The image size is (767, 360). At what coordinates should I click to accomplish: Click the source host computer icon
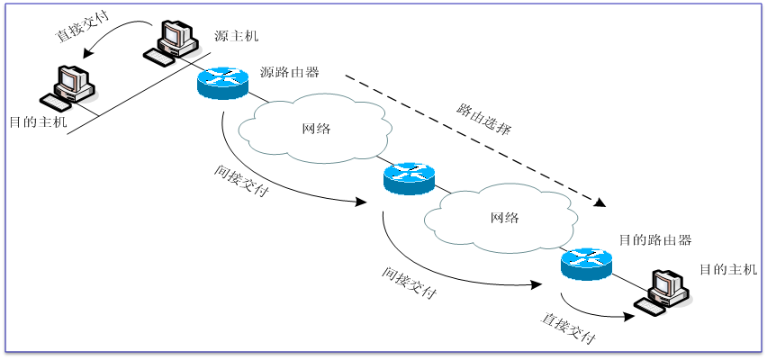[x=175, y=37]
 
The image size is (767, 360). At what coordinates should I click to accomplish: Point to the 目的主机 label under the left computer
[x=38, y=121]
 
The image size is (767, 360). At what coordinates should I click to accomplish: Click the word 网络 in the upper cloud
[x=316, y=129]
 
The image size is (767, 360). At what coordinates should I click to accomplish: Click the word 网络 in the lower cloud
[x=504, y=218]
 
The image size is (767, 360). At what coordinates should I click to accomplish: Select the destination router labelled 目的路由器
[x=585, y=262]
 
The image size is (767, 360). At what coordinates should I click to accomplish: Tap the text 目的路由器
[x=654, y=240]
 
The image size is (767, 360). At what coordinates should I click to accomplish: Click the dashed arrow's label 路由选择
[x=483, y=119]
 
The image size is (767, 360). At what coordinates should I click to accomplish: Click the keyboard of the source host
[x=160, y=57]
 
